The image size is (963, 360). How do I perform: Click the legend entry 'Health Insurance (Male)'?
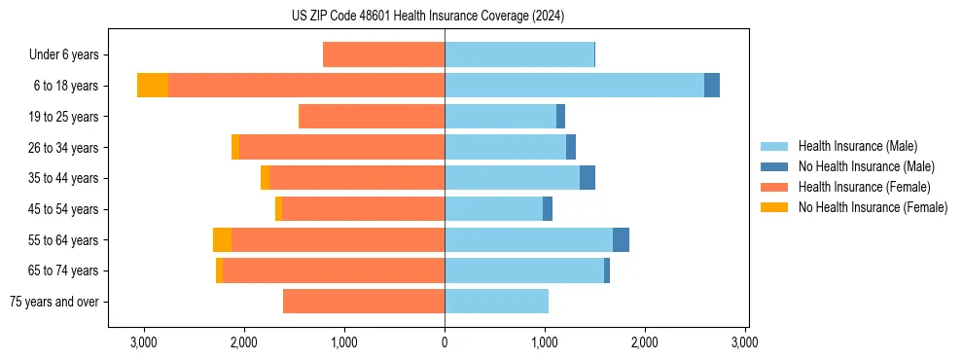(857, 146)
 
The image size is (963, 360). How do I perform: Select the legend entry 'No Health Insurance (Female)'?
(873, 207)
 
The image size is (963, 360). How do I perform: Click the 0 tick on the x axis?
(445, 342)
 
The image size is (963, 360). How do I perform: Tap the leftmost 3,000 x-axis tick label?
(144, 342)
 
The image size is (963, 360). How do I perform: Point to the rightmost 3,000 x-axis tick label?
(745, 342)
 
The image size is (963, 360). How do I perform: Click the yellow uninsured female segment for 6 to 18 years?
(153, 86)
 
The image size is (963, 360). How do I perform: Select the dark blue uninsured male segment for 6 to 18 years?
(712, 86)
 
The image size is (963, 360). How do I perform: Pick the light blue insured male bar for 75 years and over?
(496, 302)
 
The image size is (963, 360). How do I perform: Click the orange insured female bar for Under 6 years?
(383, 54)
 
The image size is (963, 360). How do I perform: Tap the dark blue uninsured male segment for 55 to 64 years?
(621, 239)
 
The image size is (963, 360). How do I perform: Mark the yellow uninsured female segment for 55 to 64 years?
(222, 239)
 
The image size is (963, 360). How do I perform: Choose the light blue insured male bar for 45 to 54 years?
(493, 209)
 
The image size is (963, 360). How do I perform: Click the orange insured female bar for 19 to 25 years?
(372, 117)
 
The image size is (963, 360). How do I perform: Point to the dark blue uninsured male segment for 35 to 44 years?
(588, 178)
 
